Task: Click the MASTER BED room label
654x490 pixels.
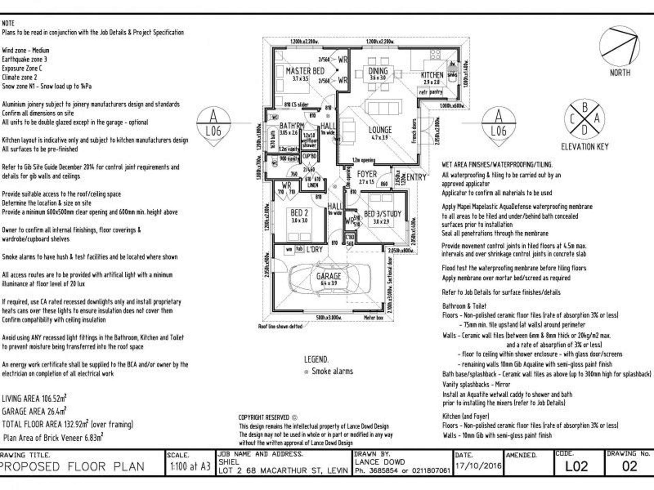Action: (x=305, y=71)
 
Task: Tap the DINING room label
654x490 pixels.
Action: (x=378, y=71)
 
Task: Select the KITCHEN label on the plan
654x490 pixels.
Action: (x=432, y=75)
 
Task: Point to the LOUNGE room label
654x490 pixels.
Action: (x=380, y=130)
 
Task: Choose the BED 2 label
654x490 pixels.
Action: (x=299, y=213)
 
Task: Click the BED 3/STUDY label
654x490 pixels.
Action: (x=383, y=214)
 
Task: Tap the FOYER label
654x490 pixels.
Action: (x=367, y=174)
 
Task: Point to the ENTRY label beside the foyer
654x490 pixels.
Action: (x=416, y=177)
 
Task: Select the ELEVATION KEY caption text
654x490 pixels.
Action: (x=585, y=147)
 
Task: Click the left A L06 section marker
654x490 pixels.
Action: (x=213, y=125)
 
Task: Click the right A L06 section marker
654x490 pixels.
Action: (x=498, y=125)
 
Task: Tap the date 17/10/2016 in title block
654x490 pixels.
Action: (x=478, y=465)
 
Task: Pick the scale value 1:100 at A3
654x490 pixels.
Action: (x=190, y=466)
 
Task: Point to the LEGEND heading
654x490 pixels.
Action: (x=316, y=359)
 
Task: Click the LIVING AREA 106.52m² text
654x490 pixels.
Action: (x=34, y=398)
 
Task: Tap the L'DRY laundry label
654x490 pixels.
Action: (x=314, y=249)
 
